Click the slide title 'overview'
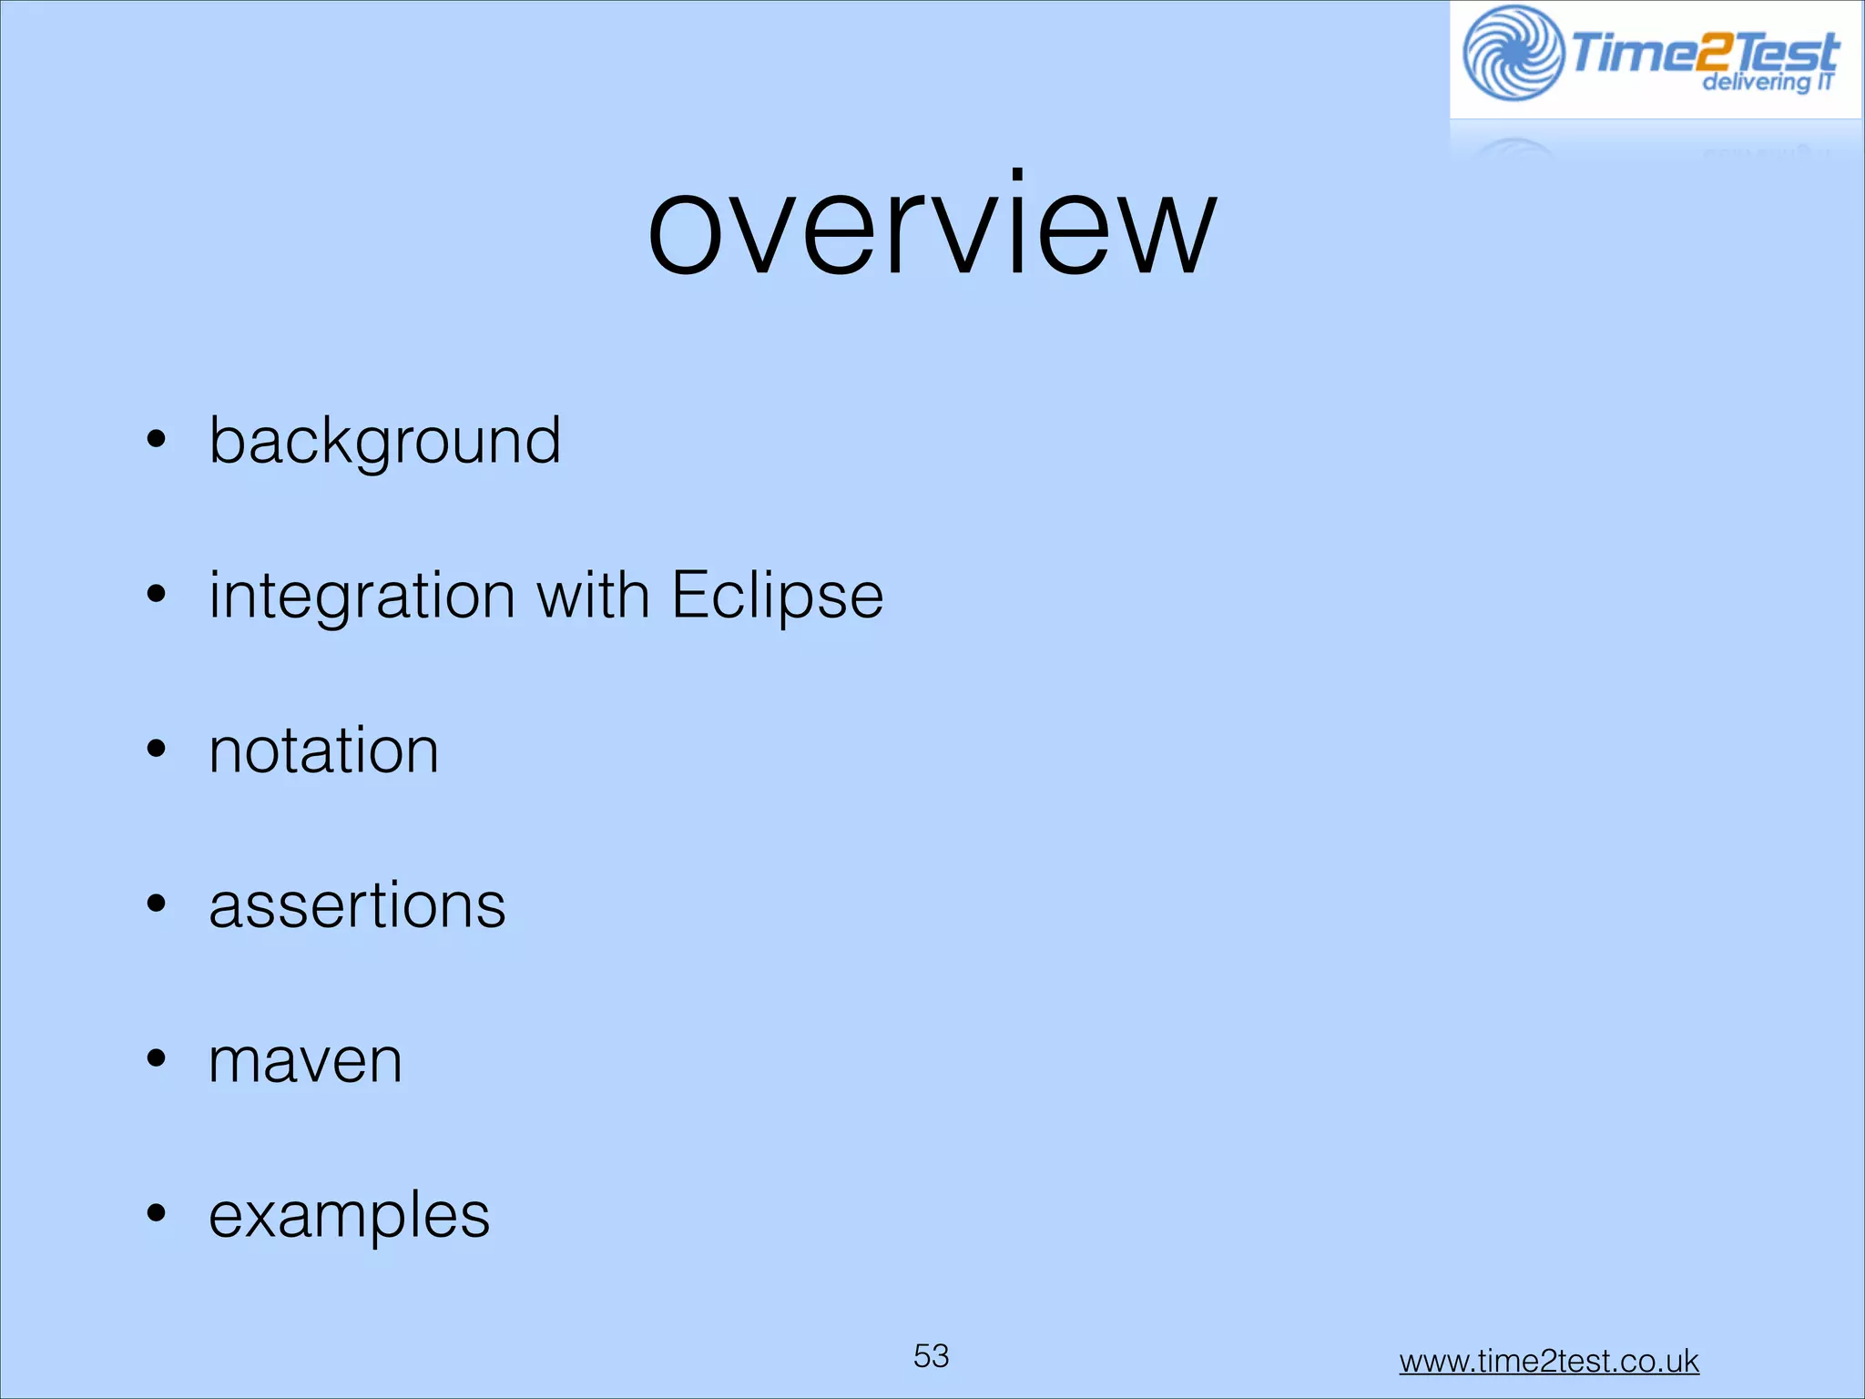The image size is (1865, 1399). click(932, 228)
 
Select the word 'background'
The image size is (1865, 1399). click(384, 442)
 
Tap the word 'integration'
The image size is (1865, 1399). click(362, 597)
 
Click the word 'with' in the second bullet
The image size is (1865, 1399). click(593, 595)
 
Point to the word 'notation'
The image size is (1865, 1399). click(323, 751)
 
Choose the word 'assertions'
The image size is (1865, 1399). click(357, 905)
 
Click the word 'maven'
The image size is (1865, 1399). click(305, 1061)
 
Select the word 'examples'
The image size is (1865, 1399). click(349, 1216)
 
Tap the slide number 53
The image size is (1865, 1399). click(931, 1356)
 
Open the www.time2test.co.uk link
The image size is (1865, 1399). click(1548, 1361)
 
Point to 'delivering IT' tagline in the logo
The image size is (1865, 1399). click(1767, 82)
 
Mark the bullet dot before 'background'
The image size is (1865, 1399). click(157, 440)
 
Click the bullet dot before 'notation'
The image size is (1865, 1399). click(157, 750)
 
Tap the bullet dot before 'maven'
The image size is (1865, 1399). click(157, 1059)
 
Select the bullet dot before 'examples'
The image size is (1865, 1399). click(157, 1214)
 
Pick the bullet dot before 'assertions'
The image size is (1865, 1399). click(157, 904)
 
